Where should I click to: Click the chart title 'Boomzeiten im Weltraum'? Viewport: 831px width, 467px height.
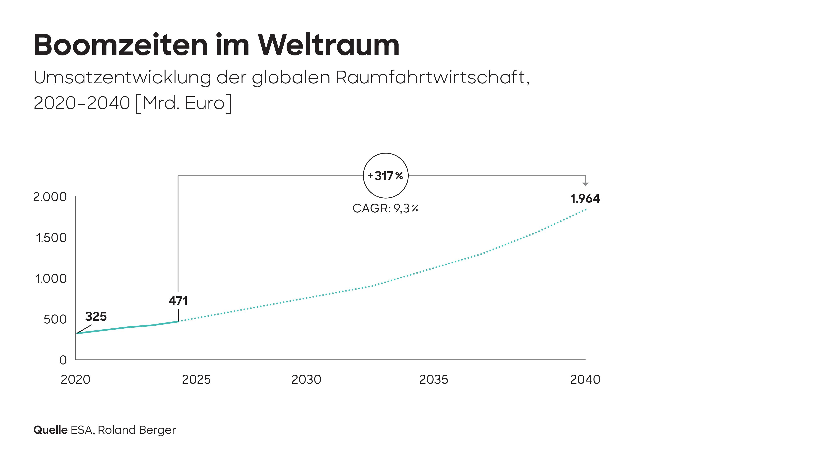216,45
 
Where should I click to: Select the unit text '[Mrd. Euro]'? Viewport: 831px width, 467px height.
184,103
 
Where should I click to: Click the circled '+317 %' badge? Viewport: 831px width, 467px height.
385,176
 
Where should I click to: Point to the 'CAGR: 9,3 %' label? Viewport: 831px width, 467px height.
385,208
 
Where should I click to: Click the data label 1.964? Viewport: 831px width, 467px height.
585,199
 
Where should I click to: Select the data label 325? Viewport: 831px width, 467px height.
96,316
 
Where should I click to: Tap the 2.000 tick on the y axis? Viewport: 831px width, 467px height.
50,197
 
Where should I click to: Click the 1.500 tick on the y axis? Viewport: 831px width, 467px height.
51,238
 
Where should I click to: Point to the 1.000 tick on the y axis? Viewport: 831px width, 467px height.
51,279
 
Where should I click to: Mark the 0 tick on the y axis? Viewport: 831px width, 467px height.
63,360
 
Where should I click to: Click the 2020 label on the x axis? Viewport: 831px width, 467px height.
76,380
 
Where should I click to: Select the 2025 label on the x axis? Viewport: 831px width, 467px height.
196,380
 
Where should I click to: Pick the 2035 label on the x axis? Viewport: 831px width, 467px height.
434,380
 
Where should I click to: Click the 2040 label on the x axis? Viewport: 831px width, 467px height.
585,380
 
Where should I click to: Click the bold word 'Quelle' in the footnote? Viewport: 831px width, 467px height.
50,430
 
